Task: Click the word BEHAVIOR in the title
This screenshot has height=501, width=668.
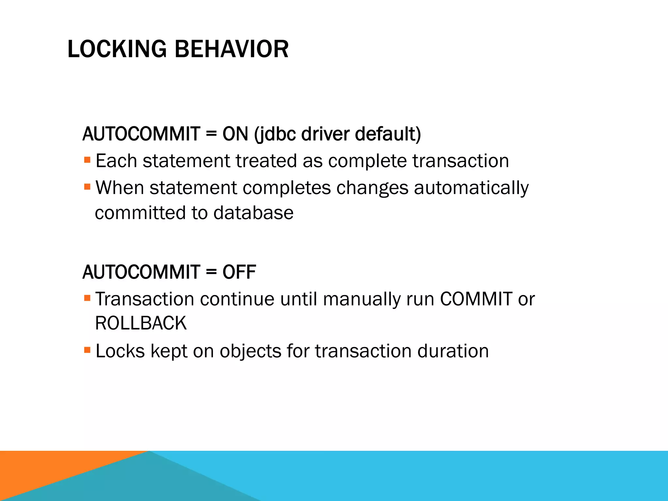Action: (x=231, y=49)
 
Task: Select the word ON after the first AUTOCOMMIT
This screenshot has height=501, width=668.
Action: (x=235, y=134)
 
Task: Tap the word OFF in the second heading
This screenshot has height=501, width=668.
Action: (x=239, y=272)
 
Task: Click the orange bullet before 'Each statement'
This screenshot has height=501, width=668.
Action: (x=87, y=160)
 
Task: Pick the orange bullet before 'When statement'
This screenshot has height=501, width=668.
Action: (x=87, y=187)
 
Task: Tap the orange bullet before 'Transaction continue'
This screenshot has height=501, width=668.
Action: (x=87, y=298)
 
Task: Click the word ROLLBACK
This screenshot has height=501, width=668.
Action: (x=141, y=324)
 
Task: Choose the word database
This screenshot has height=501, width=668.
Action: (x=253, y=213)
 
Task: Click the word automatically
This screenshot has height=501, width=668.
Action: (x=471, y=188)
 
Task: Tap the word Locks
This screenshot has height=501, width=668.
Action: (x=120, y=351)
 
